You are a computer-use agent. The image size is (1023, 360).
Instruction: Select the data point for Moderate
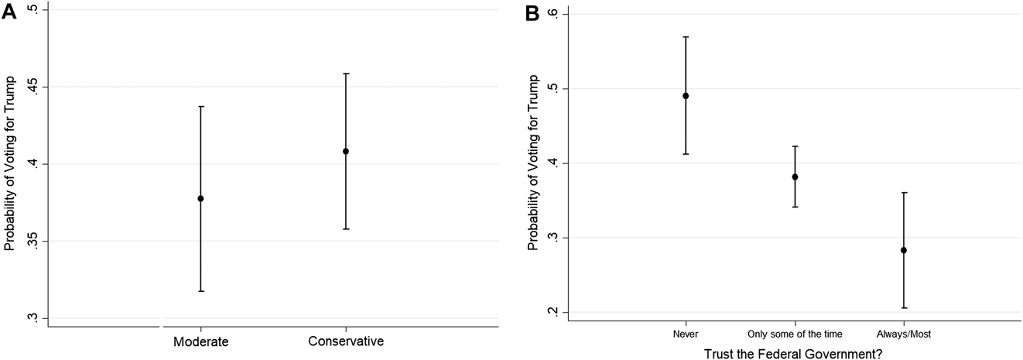point(200,198)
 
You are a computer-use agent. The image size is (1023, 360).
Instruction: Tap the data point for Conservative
point(346,151)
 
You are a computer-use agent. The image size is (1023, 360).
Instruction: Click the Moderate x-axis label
point(201,341)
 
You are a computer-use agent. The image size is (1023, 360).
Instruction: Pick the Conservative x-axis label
point(346,341)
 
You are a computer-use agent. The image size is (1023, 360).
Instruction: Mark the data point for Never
point(686,96)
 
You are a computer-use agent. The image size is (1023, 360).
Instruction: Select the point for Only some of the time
point(795,177)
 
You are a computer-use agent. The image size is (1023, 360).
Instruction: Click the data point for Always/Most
point(904,250)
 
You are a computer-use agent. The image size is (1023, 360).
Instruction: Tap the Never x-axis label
point(686,334)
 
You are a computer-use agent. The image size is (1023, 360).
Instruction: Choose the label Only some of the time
point(795,334)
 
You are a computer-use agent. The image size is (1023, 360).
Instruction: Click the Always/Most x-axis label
point(904,334)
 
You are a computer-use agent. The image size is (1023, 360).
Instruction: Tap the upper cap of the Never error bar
point(686,36)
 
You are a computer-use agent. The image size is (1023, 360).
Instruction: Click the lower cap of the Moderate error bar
point(200,291)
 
